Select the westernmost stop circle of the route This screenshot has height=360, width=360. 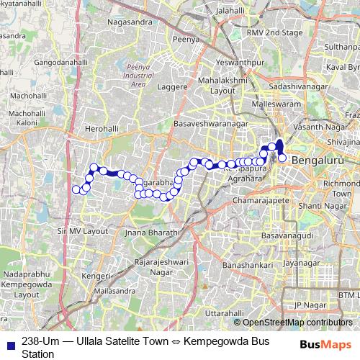tap(76, 190)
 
